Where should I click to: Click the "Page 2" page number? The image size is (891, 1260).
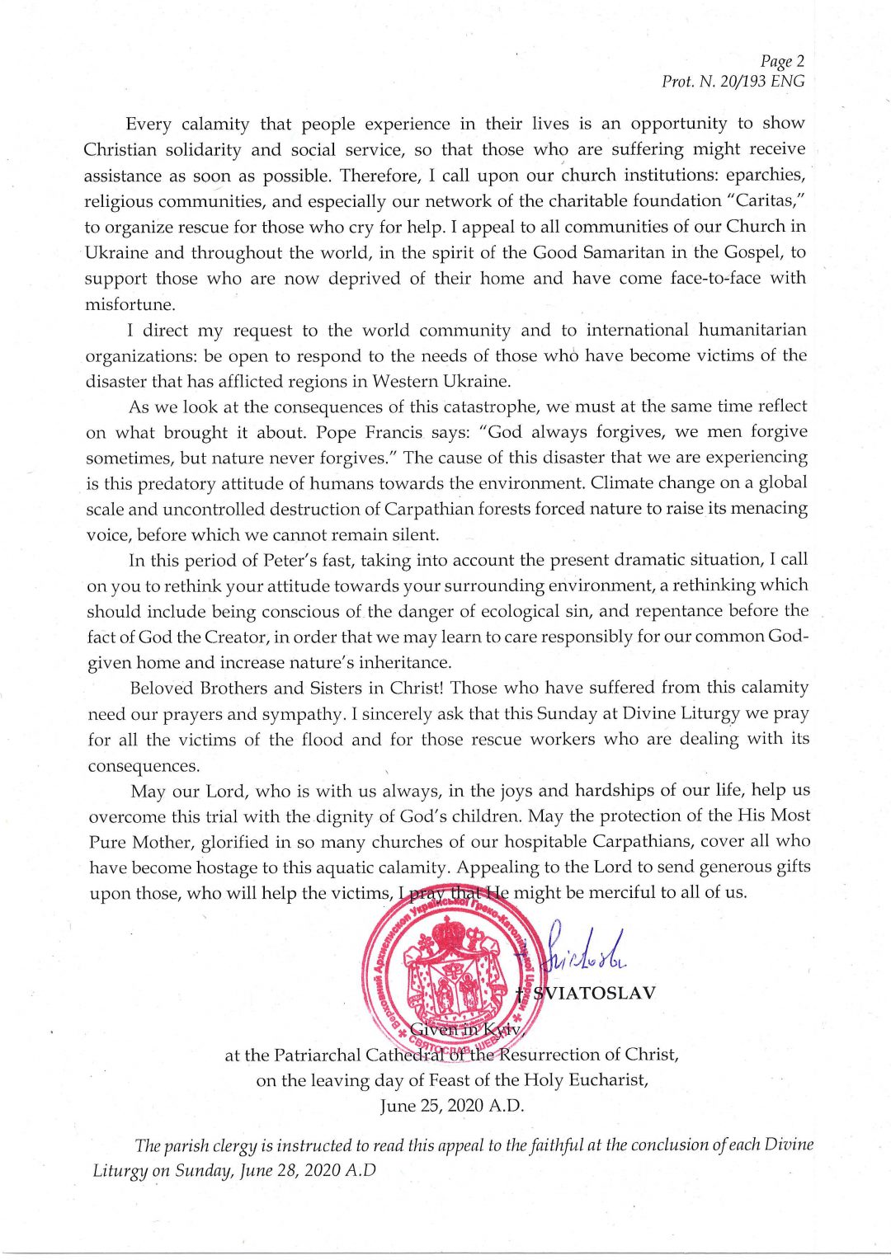(x=782, y=61)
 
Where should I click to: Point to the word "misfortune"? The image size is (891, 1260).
(x=130, y=304)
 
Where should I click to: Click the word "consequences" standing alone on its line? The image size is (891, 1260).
(x=144, y=766)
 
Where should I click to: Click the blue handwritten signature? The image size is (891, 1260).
(x=584, y=950)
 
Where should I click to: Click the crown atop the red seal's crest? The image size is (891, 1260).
(x=448, y=934)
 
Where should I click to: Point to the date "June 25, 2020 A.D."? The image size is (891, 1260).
(x=452, y=1106)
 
